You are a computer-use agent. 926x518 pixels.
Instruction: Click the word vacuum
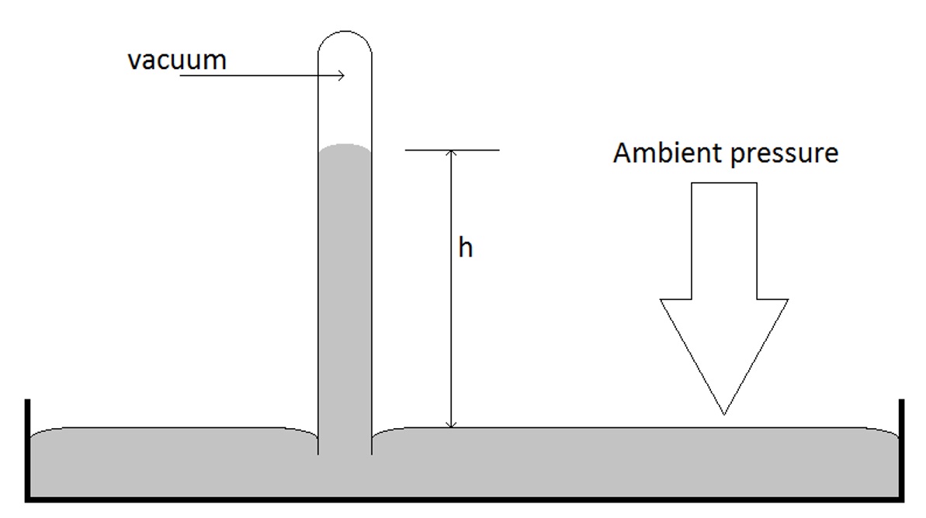pos(177,60)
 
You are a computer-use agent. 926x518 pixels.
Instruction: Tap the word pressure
pos(785,154)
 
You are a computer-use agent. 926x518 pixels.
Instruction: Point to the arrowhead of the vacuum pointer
pos(341,75)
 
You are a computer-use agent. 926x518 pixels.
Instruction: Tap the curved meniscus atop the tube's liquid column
pos(345,147)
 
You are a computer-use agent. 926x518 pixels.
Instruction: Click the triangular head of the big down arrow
pos(723,341)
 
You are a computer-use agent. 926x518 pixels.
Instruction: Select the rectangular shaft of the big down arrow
pos(723,240)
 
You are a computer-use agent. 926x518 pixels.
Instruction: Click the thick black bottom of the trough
pos(466,499)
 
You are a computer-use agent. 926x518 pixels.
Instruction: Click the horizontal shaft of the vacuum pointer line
pos(256,76)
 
